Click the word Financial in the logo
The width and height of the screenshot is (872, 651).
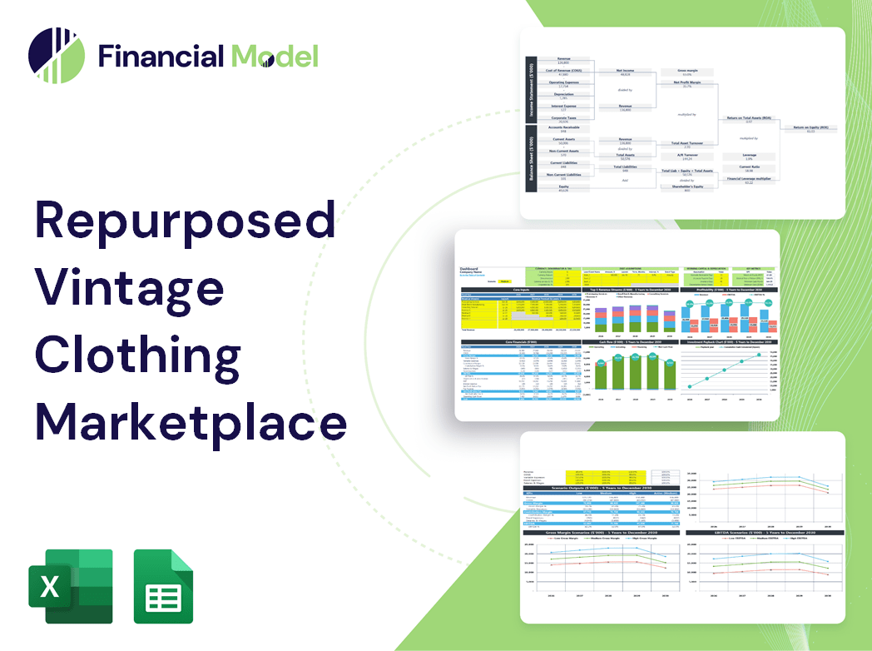tap(161, 56)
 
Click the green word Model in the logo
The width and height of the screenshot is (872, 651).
tap(275, 56)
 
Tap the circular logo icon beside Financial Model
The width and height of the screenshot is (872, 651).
tap(56, 56)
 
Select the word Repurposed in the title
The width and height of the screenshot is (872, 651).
tap(185, 222)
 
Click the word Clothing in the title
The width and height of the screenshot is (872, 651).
tap(138, 355)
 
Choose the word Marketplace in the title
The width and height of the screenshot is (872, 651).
tap(191, 422)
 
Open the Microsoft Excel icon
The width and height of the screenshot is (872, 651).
tap(71, 586)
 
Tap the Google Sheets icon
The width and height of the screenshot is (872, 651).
tap(163, 586)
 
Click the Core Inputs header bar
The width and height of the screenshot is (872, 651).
tap(521, 290)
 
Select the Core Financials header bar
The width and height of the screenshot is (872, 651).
tap(521, 341)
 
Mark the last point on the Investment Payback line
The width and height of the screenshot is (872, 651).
tap(759, 355)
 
